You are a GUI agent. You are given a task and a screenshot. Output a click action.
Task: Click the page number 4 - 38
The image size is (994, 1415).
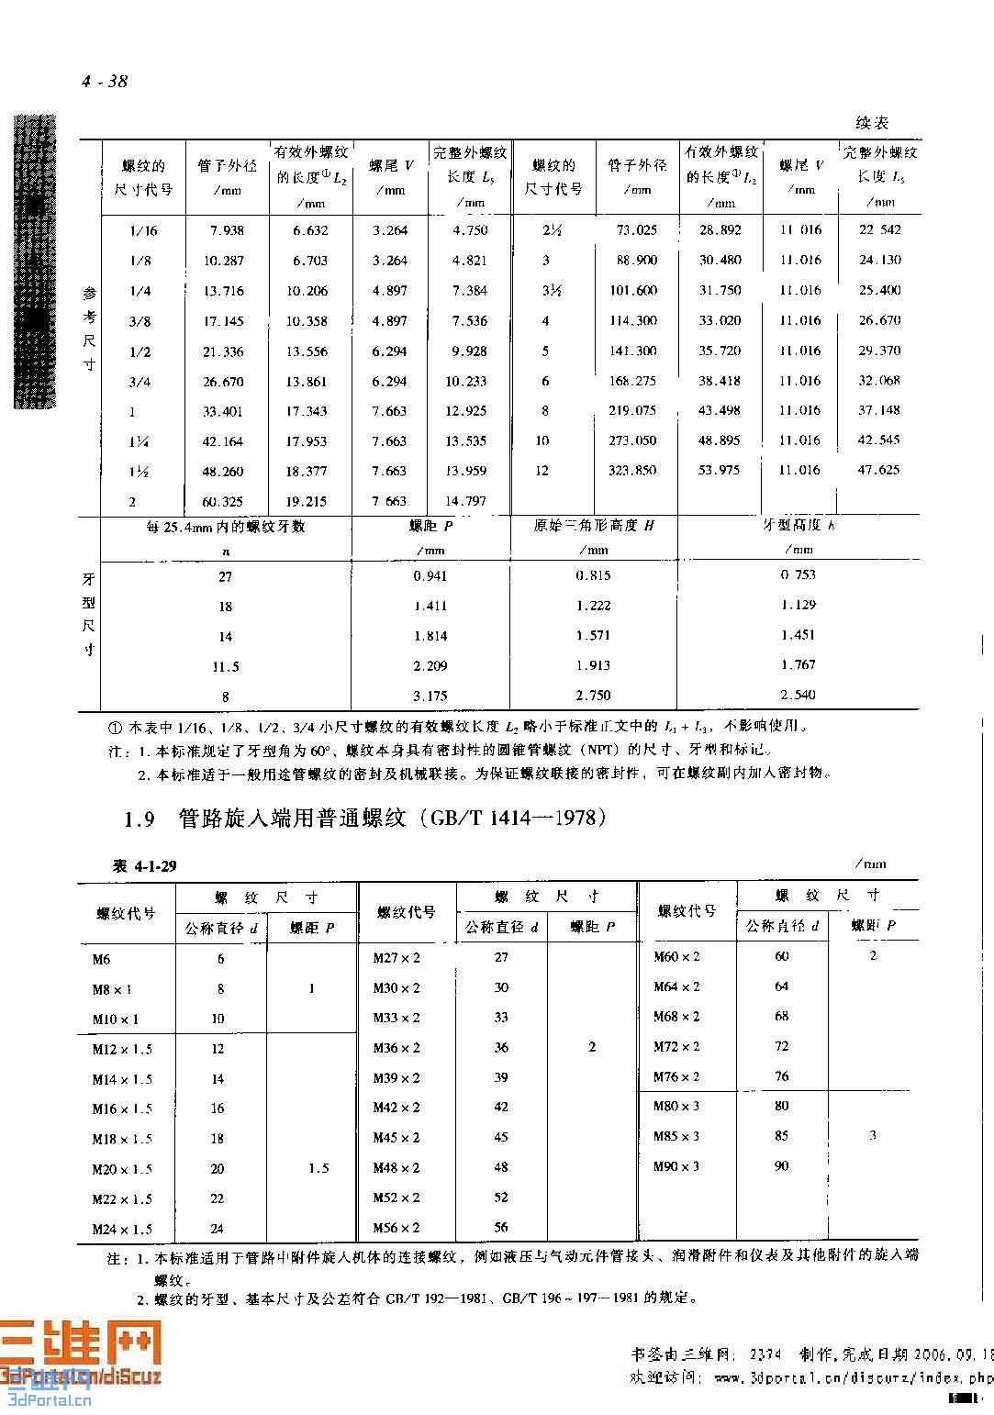(x=105, y=82)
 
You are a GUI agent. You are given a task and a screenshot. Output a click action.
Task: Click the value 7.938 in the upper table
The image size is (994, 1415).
(x=225, y=230)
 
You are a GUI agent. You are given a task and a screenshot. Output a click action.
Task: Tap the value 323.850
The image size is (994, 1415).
(x=632, y=470)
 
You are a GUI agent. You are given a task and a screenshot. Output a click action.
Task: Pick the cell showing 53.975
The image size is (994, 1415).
(x=719, y=470)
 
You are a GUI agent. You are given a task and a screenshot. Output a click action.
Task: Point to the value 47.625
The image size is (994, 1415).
(x=878, y=470)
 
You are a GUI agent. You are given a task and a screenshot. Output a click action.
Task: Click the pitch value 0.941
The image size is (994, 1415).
(x=430, y=576)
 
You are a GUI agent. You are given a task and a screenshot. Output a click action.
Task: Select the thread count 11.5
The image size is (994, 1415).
(x=225, y=667)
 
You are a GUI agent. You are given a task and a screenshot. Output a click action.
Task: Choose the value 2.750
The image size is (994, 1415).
(x=593, y=696)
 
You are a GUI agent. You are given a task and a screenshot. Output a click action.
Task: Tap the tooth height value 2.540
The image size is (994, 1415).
(x=798, y=695)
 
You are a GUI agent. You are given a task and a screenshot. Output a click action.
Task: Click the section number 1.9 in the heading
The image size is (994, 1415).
(x=140, y=819)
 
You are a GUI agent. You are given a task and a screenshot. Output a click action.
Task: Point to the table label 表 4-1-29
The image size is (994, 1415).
(x=144, y=866)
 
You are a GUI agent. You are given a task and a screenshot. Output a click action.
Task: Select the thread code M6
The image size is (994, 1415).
(x=101, y=960)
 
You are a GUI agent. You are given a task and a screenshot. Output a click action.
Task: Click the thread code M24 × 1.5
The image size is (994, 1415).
(x=122, y=1230)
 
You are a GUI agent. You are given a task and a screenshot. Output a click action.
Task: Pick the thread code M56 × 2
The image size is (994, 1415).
(x=396, y=1228)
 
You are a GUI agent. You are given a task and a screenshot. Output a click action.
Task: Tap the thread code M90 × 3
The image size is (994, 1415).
(x=676, y=1166)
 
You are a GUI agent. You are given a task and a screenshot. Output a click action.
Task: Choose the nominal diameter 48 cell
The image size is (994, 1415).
(x=501, y=1167)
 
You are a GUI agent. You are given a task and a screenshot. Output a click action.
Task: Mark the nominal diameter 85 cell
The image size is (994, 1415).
(x=781, y=1136)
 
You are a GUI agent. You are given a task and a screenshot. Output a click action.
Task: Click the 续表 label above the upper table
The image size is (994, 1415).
(x=871, y=123)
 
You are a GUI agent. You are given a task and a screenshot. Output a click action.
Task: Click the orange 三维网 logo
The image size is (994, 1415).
(x=81, y=1346)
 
